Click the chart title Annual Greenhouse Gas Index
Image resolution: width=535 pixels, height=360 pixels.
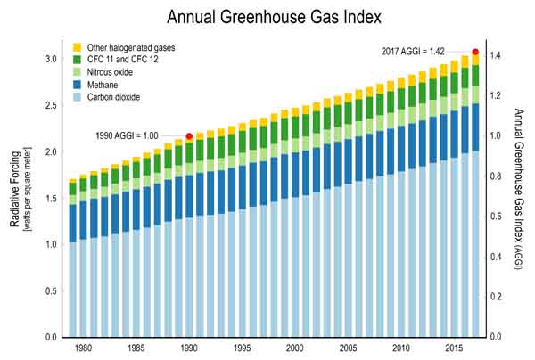[267, 17]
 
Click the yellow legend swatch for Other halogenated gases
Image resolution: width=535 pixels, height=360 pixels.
[78, 46]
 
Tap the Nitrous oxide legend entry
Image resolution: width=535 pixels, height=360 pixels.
[114, 72]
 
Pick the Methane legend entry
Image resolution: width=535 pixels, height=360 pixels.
[107, 85]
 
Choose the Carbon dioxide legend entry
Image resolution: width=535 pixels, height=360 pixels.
[118, 97]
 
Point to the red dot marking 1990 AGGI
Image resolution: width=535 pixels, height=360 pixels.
[189, 136]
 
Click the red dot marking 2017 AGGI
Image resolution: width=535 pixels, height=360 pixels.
[475, 52]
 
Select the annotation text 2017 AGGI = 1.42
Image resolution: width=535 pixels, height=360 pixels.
[413, 52]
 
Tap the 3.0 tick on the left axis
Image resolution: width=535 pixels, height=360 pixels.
[51, 59]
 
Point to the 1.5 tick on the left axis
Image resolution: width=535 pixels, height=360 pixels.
[51, 199]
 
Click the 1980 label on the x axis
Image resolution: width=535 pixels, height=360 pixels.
[83, 348]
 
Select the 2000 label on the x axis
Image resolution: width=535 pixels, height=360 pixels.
[295, 348]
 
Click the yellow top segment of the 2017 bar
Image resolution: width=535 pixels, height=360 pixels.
[476, 60]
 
